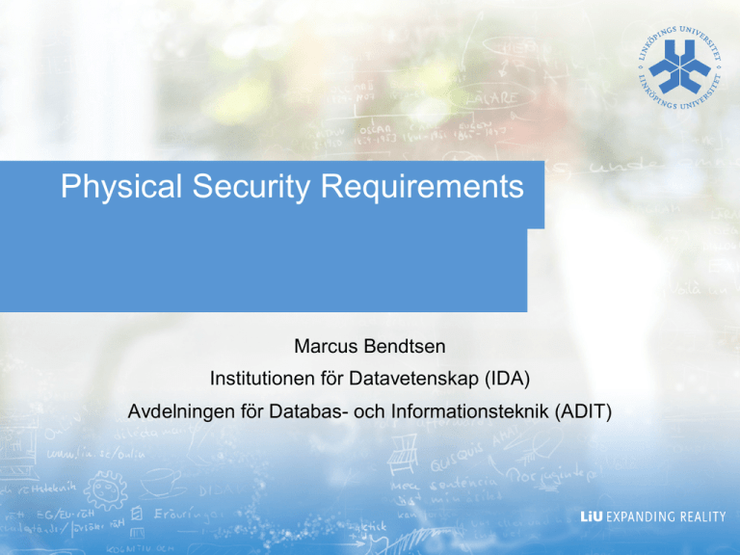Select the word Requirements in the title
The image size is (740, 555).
click(x=420, y=187)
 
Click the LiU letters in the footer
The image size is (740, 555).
click(x=595, y=516)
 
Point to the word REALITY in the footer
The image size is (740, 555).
click(x=700, y=516)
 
